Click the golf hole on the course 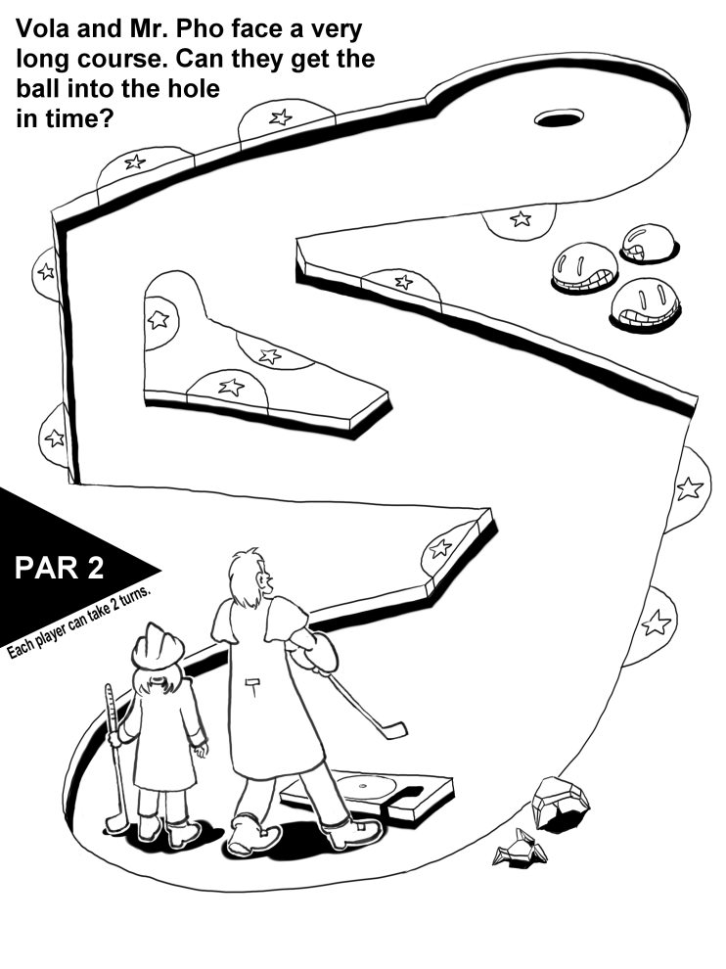pos(559,118)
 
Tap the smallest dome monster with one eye pos(649,244)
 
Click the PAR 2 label pos(60,568)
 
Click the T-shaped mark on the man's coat pos(253,685)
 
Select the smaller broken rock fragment pos(521,848)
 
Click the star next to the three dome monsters pos(521,219)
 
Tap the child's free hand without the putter pos(201,750)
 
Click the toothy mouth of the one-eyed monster pos(637,252)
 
